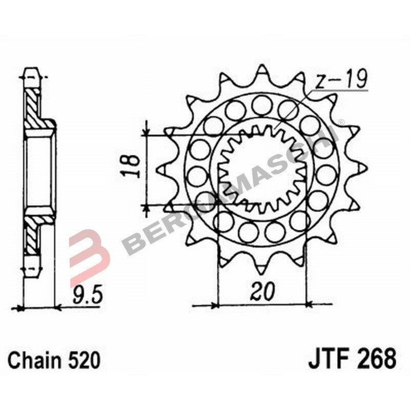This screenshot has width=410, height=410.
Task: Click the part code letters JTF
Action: tap(329, 358)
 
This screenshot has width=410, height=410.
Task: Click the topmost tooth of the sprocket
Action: tap(262, 70)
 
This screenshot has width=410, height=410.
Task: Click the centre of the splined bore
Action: tap(262, 169)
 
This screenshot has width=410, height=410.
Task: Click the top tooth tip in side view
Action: tap(31, 69)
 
